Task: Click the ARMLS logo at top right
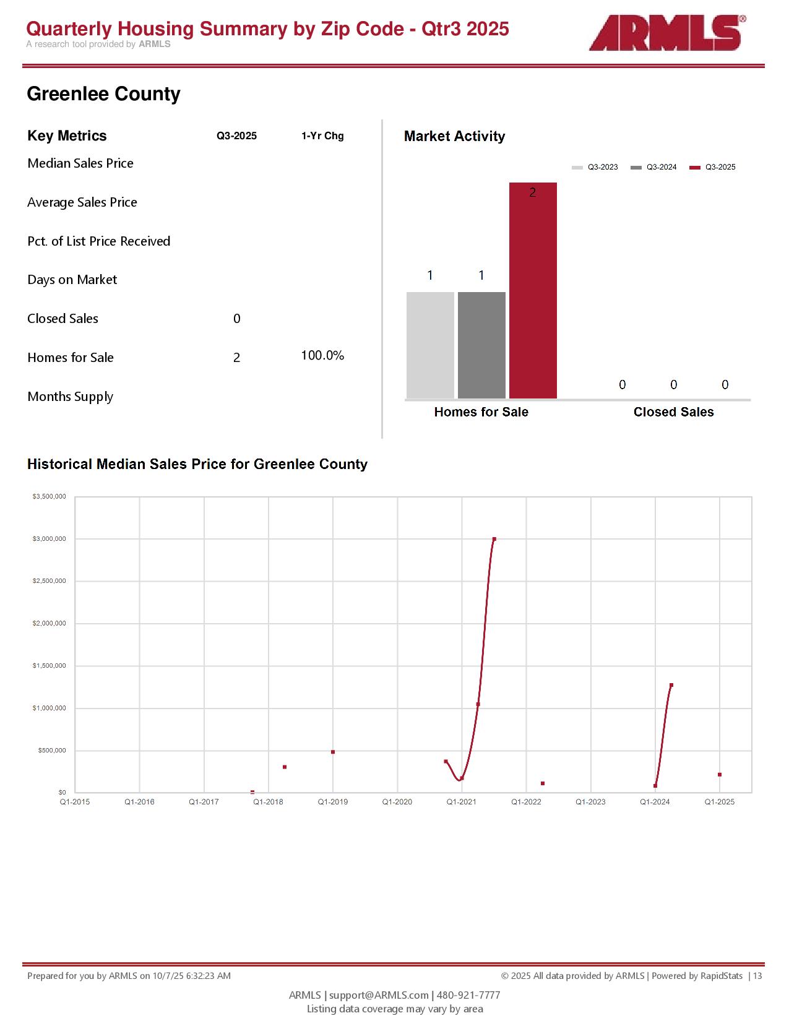(x=666, y=33)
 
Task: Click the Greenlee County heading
(x=103, y=94)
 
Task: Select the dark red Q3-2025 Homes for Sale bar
(x=533, y=290)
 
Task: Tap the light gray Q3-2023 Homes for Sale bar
(x=430, y=345)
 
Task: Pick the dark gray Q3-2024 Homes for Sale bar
(x=481, y=345)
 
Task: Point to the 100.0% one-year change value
(x=322, y=356)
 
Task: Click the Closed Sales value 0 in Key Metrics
(x=236, y=319)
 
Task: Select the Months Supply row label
(x=70, y=397)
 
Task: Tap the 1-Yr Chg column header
(x=322, y=136)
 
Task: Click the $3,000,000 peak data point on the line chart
(x=494, y=539)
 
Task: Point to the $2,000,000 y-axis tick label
(x=50, y=624)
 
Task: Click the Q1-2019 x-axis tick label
(x=332, y=802)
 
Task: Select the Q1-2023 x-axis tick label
(x=590, y=802)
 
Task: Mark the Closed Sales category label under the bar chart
(x=673, y=412)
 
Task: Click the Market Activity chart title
(x=454, y=136)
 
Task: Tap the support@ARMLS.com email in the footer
(x=379, y=995)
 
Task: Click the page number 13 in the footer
(x=757, y=976)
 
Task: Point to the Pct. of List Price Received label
(x=98, y=241)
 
